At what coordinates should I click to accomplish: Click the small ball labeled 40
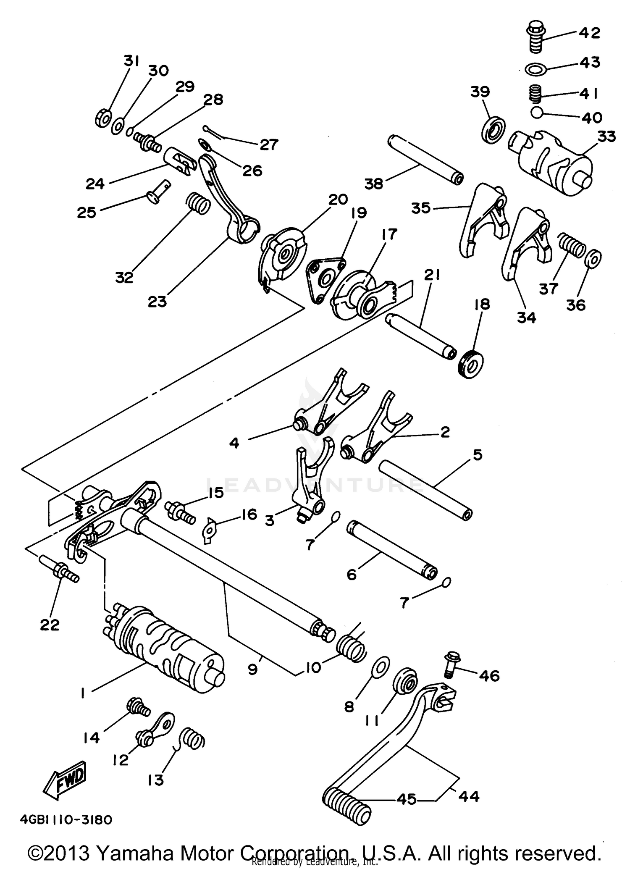pyautogui.click(x=536, y=113)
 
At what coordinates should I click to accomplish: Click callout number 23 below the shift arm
pyautogui.click(x=157, y=301)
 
